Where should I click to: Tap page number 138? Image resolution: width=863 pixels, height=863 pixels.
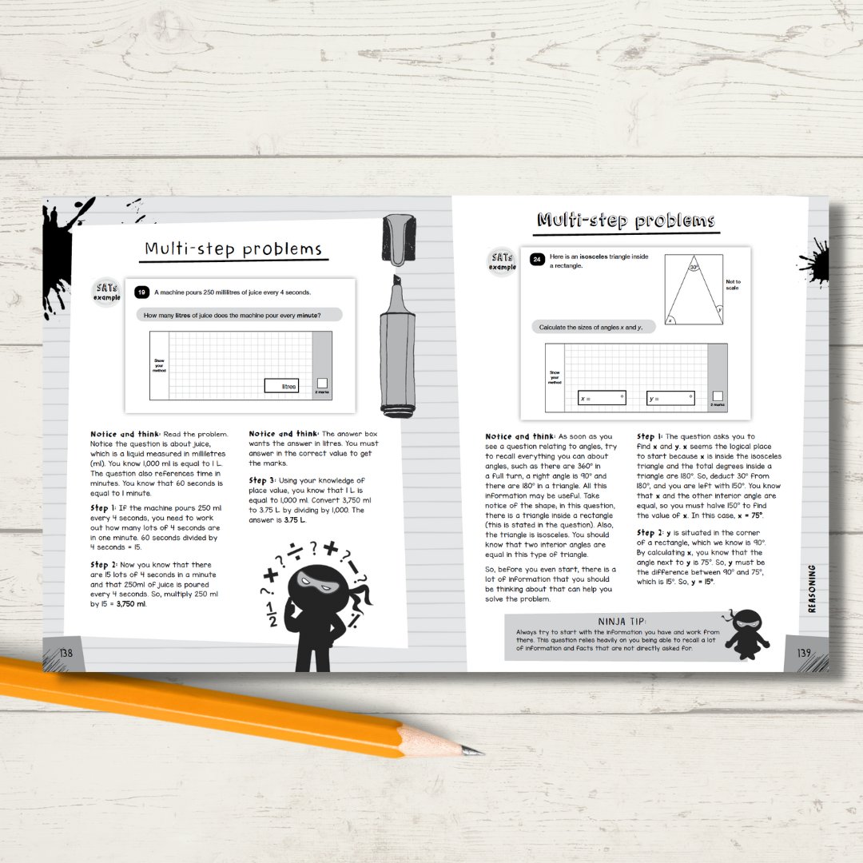66,653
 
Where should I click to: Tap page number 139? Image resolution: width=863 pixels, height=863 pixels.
804,653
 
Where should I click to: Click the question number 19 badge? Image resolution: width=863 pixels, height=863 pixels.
142,292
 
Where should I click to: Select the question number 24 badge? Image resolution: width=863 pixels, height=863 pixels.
537,259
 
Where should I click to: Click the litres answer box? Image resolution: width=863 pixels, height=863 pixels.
281,386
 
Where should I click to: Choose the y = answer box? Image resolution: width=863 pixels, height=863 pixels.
670,398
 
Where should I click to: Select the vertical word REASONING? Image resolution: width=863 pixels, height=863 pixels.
812,588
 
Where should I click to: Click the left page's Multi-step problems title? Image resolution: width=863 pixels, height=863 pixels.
233,249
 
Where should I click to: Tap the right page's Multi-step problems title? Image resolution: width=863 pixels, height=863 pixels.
626,221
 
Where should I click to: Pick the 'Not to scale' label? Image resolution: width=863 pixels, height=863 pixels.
733,284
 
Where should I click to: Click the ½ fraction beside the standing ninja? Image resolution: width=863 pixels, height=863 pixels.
272,614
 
